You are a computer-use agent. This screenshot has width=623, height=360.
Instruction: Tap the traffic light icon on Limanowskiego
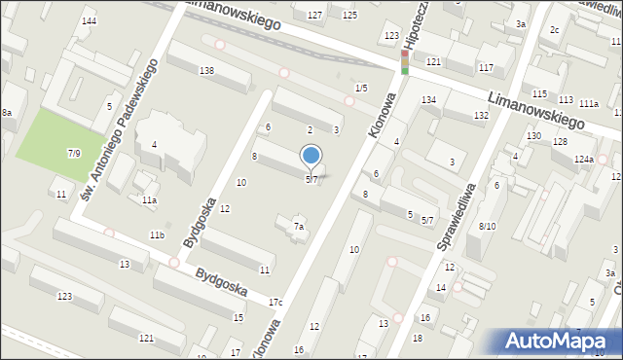405,62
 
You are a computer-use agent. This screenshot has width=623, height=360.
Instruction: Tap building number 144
89,21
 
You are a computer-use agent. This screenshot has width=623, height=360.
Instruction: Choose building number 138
206,71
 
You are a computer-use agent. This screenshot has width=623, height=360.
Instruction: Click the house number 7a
300,227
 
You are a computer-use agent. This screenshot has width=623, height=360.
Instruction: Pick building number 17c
275,303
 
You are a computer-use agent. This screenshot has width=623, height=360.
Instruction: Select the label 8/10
488,226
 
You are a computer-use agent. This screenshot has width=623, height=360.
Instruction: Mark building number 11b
157,235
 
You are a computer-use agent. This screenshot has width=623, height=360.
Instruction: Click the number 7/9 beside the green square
74,153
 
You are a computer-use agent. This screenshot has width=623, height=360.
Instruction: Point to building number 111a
588,103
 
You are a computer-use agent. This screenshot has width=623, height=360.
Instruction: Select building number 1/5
361,89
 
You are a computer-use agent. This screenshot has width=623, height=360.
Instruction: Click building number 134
428,100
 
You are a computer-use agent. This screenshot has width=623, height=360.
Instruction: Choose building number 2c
554,30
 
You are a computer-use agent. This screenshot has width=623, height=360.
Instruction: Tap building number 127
314,16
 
